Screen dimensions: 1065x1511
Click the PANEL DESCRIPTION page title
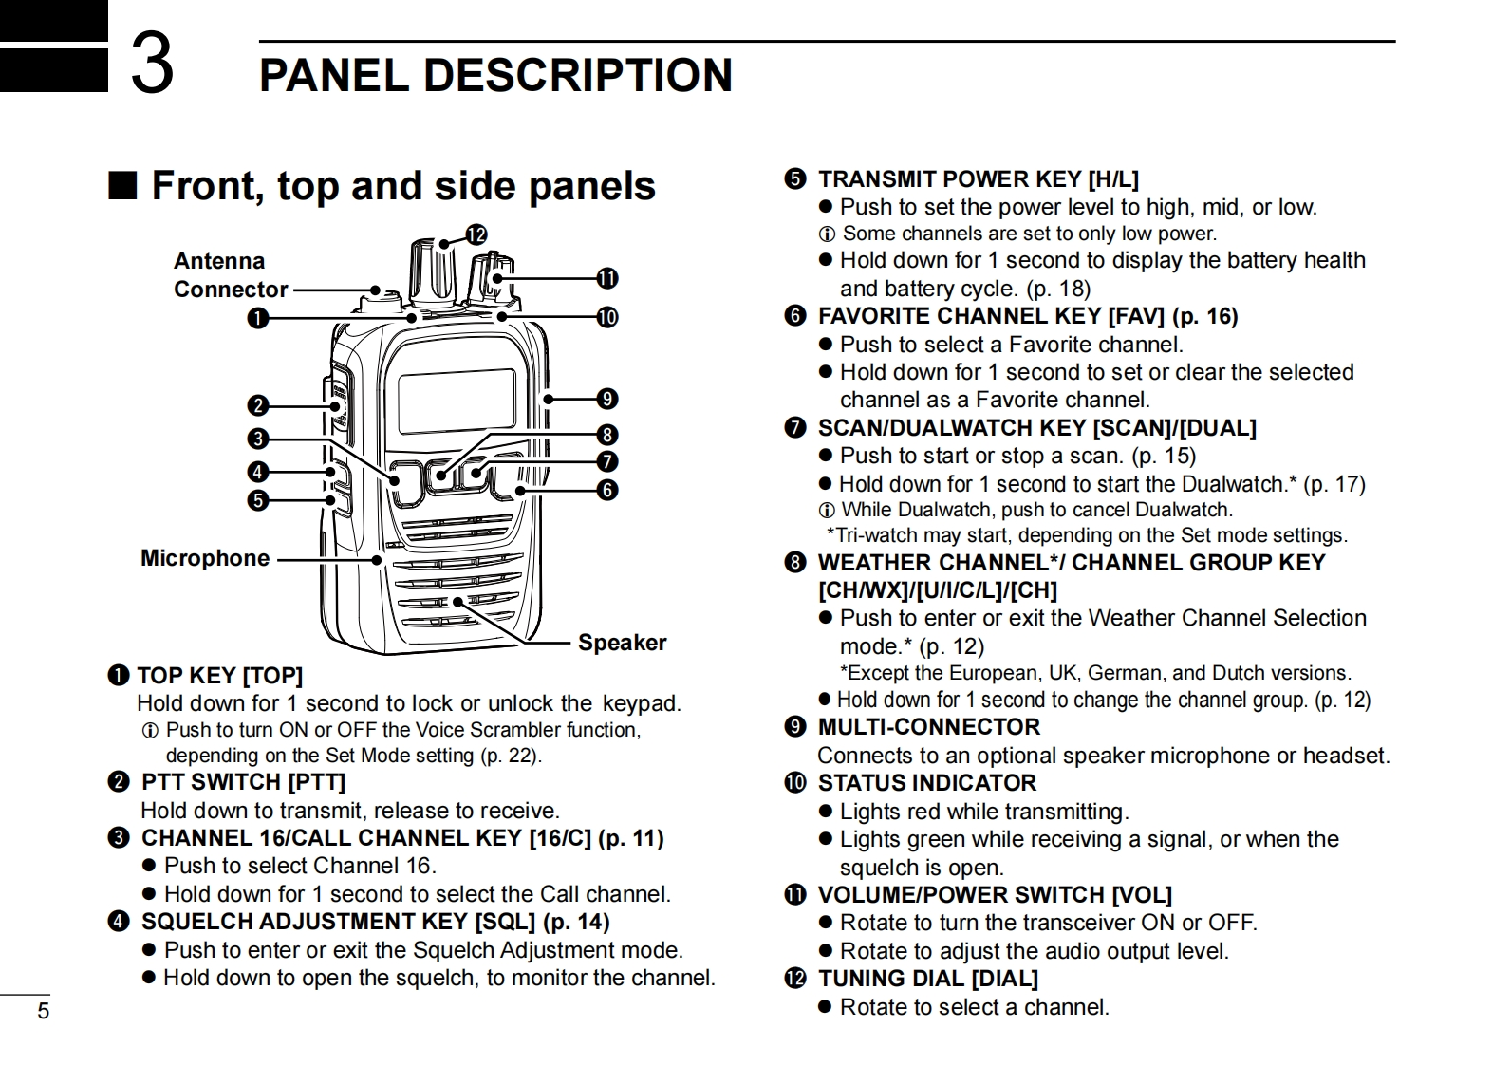[x=495, y=74]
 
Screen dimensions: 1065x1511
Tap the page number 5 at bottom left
[x=43, y=1011]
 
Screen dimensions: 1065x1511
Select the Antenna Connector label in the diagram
[x=230, y=275]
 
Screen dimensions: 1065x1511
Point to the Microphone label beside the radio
[x=205, y=558]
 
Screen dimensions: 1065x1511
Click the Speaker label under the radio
[x=622, y=643]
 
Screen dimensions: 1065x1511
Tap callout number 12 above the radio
[x=476, y=234]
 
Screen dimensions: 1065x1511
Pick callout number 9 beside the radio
[x=606, y=399]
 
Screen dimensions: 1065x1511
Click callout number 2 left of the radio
[x=257, y=406]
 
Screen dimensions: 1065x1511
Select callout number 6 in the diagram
[x=606, y=490]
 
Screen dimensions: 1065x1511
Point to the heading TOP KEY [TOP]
[x=219, y=676]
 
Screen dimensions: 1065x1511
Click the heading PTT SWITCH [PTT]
[x=243, y=782]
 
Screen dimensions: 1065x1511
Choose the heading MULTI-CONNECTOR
[x=928, y=727]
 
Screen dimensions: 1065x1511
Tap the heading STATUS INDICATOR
[x=926, y=783]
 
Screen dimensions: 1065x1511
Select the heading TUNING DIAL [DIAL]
[x=927, y=979]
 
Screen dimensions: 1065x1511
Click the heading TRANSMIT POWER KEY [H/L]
[x=978, y=179]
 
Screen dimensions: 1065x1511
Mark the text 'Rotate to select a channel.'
[x=974, y=1007]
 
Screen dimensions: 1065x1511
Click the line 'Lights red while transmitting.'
[x=983, y=812]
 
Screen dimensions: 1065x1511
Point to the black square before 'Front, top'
[x=122, y=186]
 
